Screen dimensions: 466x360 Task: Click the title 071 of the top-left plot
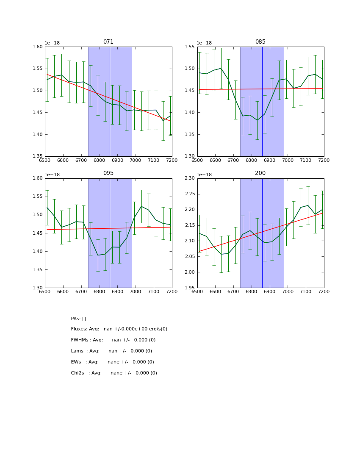[x=108, y=42]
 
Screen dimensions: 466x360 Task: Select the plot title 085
[x=260, y=42]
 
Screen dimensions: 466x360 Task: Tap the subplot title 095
[x=108, y=173]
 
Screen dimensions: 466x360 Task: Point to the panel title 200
[x=260, y=173]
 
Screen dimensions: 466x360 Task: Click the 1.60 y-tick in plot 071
[x=38, y=47]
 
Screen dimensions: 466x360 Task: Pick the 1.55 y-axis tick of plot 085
[x=190, y=47]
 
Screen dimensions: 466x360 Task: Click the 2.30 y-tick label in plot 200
[x=190, y=178]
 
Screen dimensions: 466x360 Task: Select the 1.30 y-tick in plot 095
[x=38, y=288]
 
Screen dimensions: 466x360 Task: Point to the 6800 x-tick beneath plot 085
[x=252, y=161]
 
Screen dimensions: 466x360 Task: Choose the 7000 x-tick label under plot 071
[x=136, y=161]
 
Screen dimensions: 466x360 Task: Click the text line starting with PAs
[x=78, y=319]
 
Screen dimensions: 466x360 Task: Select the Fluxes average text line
[x=119, y=329]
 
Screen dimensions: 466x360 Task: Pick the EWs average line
[x=112, y=362]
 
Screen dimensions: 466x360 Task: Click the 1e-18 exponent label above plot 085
[x=204, y=43]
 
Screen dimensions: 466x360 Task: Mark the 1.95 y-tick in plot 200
[x=190, y=288]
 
